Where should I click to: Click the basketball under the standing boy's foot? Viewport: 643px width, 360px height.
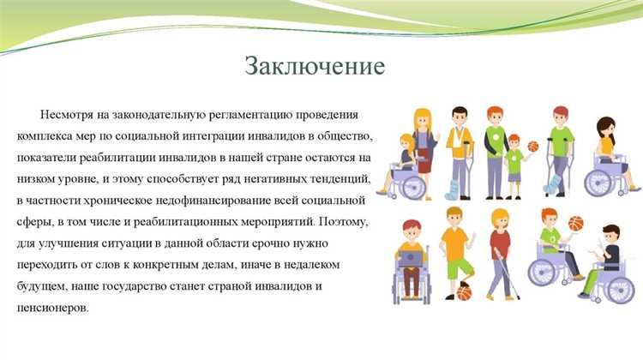[x=464, y=293]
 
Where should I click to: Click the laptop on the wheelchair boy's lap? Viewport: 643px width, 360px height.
[x=412, y=257]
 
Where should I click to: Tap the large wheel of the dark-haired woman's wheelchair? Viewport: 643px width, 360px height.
[x=600, y=181]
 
